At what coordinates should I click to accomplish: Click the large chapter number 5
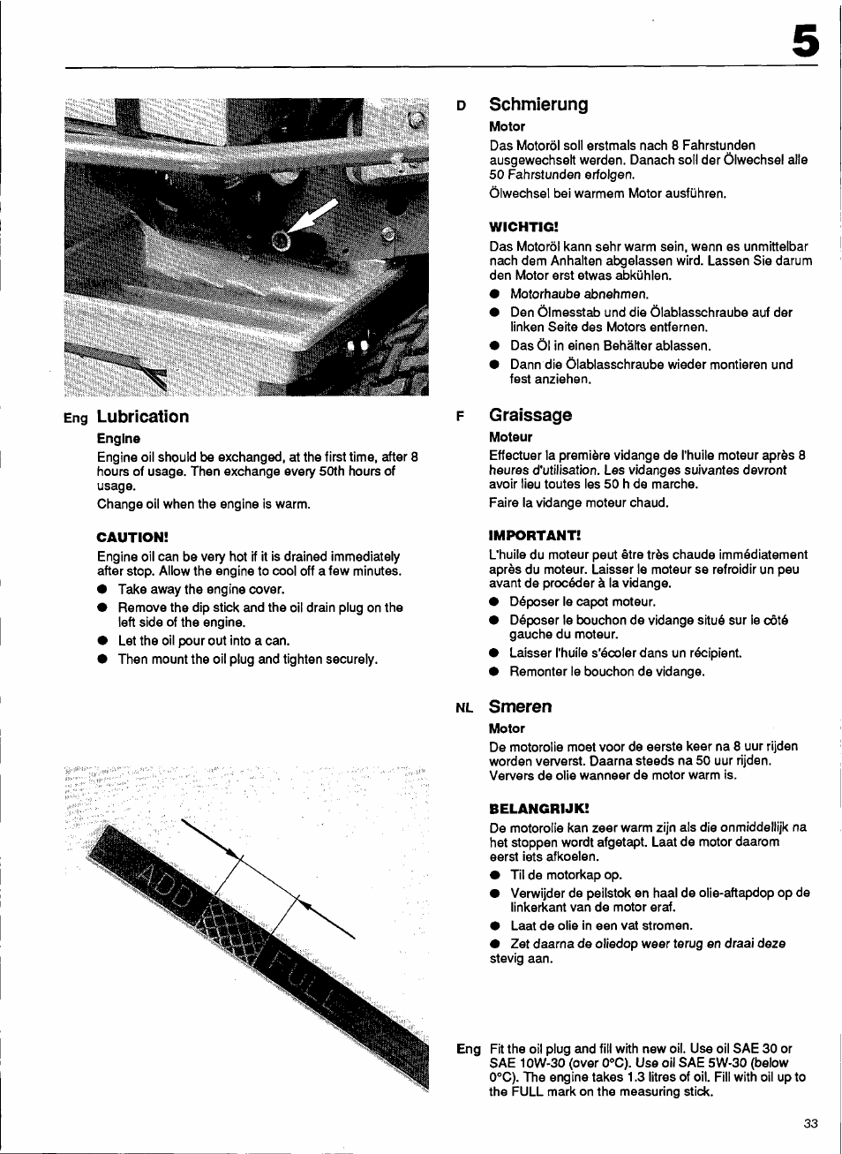point(804,41)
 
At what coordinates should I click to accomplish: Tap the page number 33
point(810,1123)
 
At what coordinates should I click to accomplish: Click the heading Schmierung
point(538,104)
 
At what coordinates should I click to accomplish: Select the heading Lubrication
point(142,417)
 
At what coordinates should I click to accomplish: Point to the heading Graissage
point(530,415)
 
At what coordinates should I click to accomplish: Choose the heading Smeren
point(520,706)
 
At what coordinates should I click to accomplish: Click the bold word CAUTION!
point(132,537)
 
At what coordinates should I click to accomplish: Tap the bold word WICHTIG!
point(523,226)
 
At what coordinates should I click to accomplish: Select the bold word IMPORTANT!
point(534,535)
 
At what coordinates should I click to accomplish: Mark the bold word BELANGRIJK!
point(538,808)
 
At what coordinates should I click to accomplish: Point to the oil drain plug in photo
point(282,240)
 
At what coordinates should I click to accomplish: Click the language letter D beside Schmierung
point(461,106)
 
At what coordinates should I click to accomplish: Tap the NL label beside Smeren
point(464,708)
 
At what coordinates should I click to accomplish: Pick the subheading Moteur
point(510,437)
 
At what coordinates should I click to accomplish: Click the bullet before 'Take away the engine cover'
point(102,590)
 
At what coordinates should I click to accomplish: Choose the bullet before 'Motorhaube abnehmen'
point(495,295)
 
